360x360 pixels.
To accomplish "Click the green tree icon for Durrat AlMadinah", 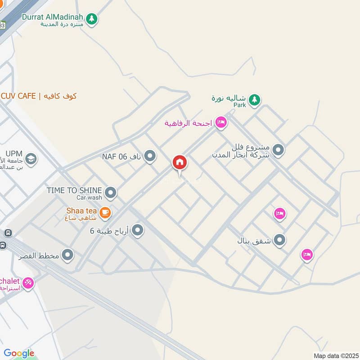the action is click(x=92, y=19).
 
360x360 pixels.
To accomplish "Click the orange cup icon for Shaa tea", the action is click(x=105, y=211).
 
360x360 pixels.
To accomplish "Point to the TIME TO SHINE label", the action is click(x=74, y=190).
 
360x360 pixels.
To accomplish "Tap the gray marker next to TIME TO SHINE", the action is click(x=111, y=193).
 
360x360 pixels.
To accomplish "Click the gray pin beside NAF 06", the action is click(x=150, y=156).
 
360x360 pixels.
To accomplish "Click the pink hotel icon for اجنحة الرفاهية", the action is click(x=220, y=122).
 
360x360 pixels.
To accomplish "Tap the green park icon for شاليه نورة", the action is click(x=254, y=100).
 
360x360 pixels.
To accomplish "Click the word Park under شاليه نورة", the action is click(x=240, y=105).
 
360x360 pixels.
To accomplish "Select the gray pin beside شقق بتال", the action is click(x=279, y=240).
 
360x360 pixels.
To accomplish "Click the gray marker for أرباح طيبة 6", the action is click(x=138, y=231).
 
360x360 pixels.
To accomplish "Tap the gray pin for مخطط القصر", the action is click(x=68, y=256).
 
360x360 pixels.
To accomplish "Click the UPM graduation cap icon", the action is click(x=31, y=159).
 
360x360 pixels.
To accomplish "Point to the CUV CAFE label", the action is click(x=38, y=96).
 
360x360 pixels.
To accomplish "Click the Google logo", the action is click(x=19, y=353).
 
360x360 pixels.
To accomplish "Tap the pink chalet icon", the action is click(x=28, y=283).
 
